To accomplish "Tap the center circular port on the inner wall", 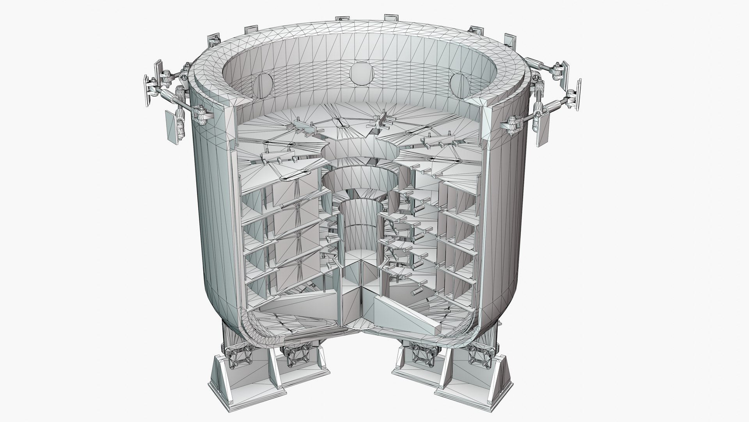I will [362, 73].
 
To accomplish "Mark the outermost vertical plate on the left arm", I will [148, 88].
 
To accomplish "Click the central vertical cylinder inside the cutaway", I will [358, 231].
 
